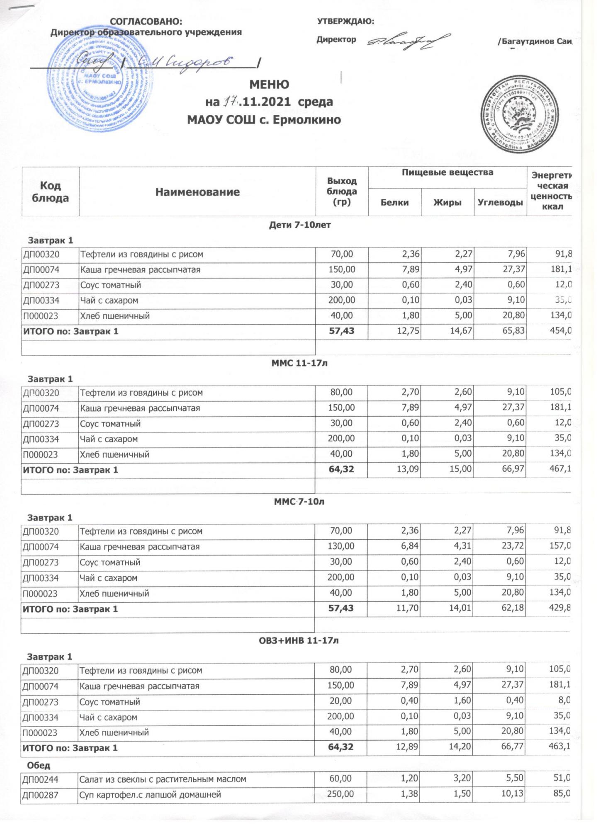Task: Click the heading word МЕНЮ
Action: pos(269,85)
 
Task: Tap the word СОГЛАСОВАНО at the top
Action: pos(146,22)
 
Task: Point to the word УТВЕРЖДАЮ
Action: pos(345,22)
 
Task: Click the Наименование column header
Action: pos(197,192)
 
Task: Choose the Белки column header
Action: pos(394,202)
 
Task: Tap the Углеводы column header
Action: pos(500,202)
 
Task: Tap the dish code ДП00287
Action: pos(41,795)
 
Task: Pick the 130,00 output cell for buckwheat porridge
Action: pos(341,547)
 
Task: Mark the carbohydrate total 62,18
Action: pos(513,609)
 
